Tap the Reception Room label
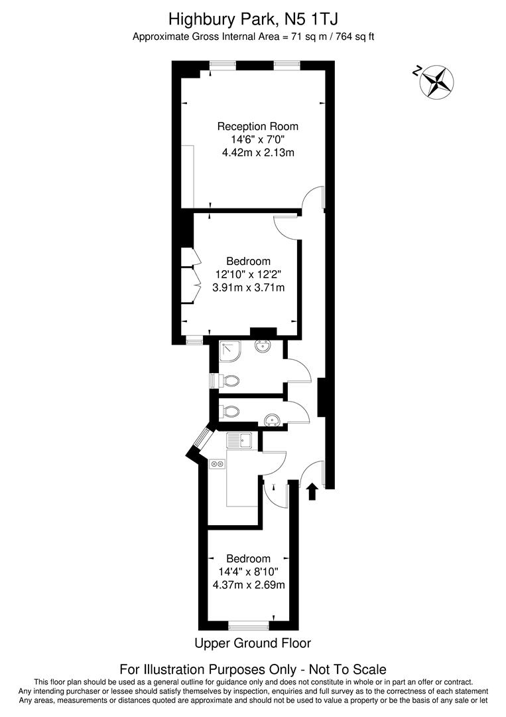coord(258,126)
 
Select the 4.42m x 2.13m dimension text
coord(258,153)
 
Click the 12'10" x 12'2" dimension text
coord(248,274)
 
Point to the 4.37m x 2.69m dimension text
coord(248,585)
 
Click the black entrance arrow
coord(313,491)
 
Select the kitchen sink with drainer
coord(240,440)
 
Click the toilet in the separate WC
coord(229,411)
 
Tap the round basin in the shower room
coord(262,348)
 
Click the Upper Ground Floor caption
coord(252,643)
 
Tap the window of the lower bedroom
coord(248,625)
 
